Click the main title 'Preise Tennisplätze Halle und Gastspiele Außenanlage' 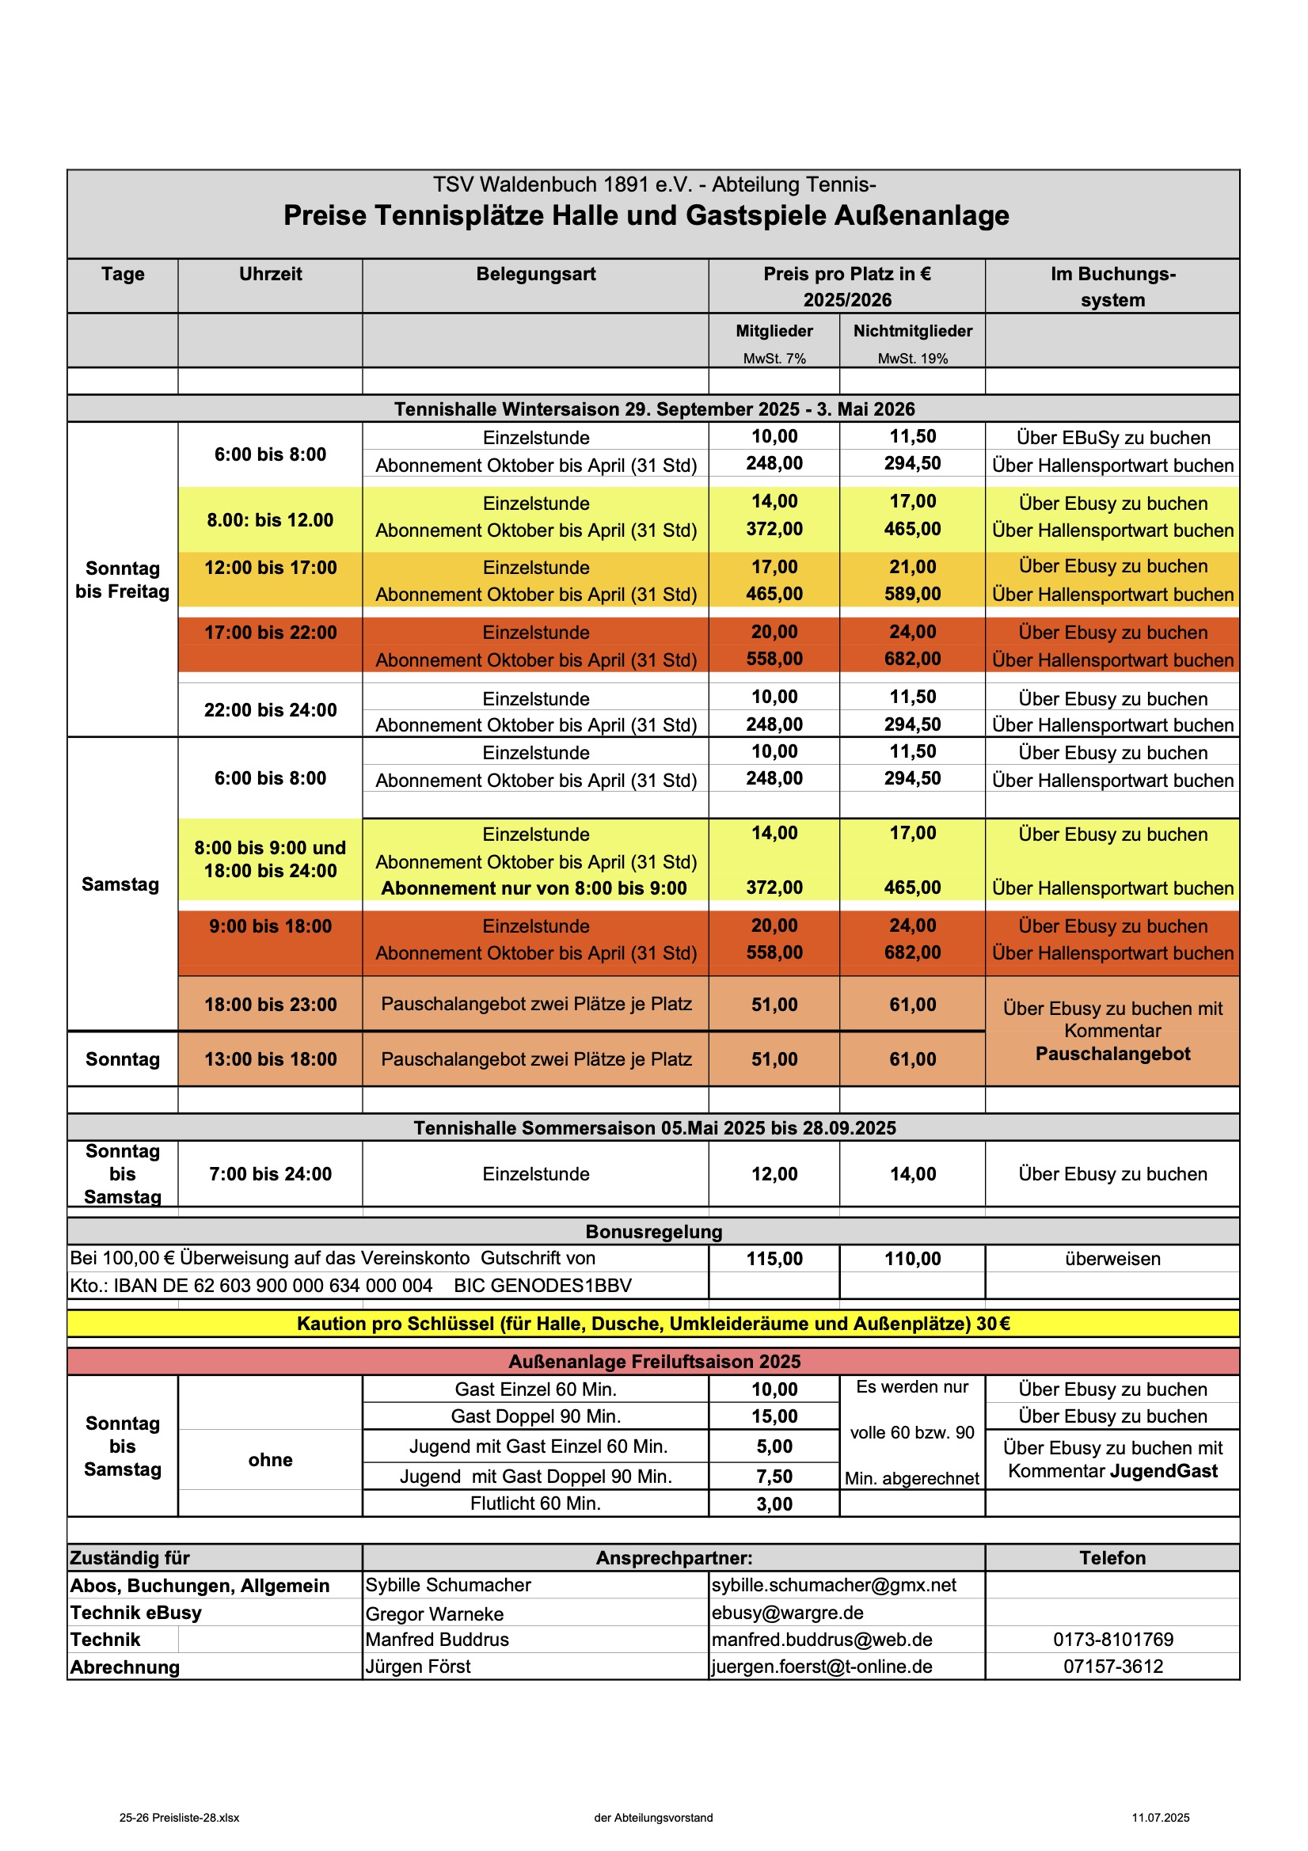[646, 216]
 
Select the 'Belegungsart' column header [535, 274]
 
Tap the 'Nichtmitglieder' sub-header [912, 331]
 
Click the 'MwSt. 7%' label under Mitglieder [774, 359]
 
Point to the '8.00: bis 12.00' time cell [270, 520]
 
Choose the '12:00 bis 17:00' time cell [270, 568]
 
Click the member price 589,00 [912, 594]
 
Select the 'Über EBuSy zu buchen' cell [1112, 438]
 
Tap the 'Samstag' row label [121, 884]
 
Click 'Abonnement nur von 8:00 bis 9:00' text [534, 888]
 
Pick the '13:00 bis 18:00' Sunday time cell [270, 1059]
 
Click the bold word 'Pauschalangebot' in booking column [1112, 1054]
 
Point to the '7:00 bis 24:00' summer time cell [270, 1174]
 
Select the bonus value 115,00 [774, 1259]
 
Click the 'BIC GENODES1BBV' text [542, 1285]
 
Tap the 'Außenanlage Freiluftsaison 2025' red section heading [654, 1362]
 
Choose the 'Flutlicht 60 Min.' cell [535, 1503]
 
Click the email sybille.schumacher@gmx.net [834, 1585]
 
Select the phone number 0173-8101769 [1112, 1639]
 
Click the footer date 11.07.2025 [1160, 1817]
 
